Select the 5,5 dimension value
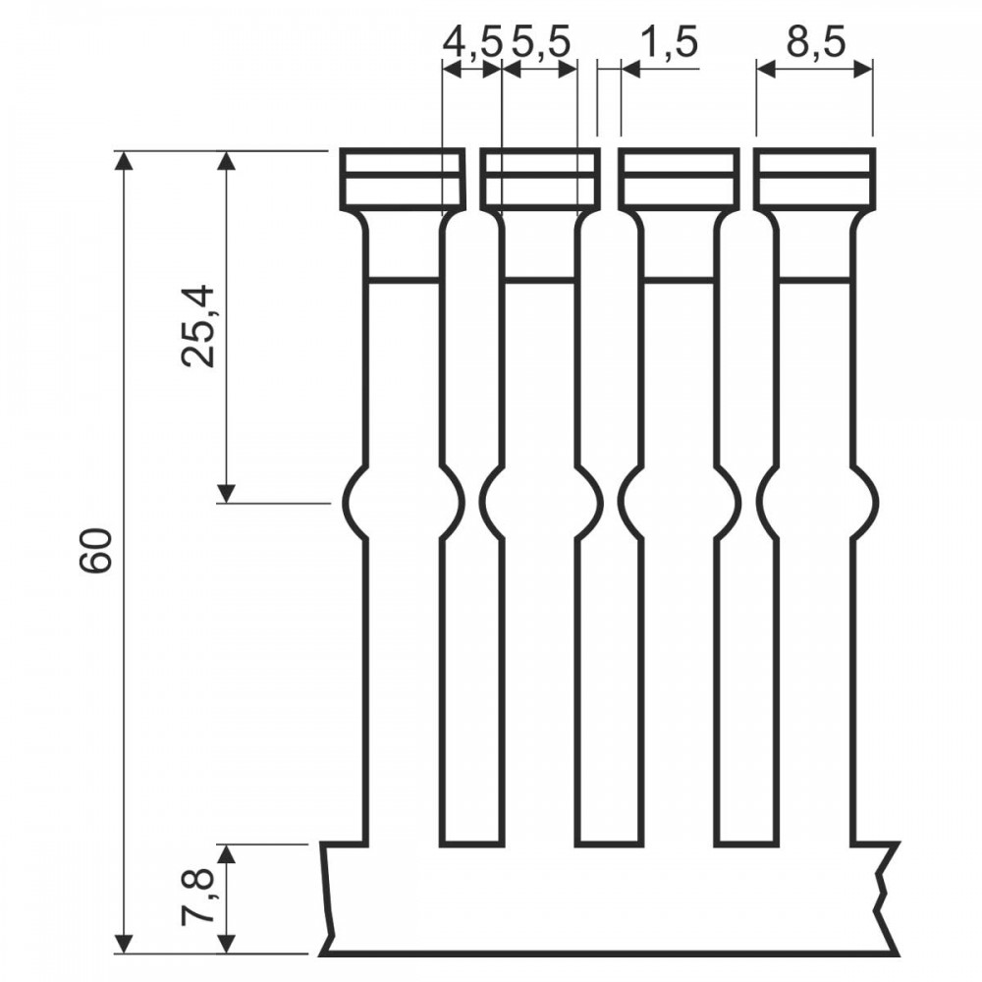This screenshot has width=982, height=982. (541, 43)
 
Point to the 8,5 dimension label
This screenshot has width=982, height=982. (816, 43)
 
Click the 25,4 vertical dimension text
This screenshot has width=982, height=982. (199, 326)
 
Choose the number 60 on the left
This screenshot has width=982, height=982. (96, 549)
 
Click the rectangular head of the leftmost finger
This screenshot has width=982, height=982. (403, 179)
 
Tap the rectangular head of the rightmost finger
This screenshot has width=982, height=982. (814, 179)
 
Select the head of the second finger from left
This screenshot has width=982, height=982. (540, 179)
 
